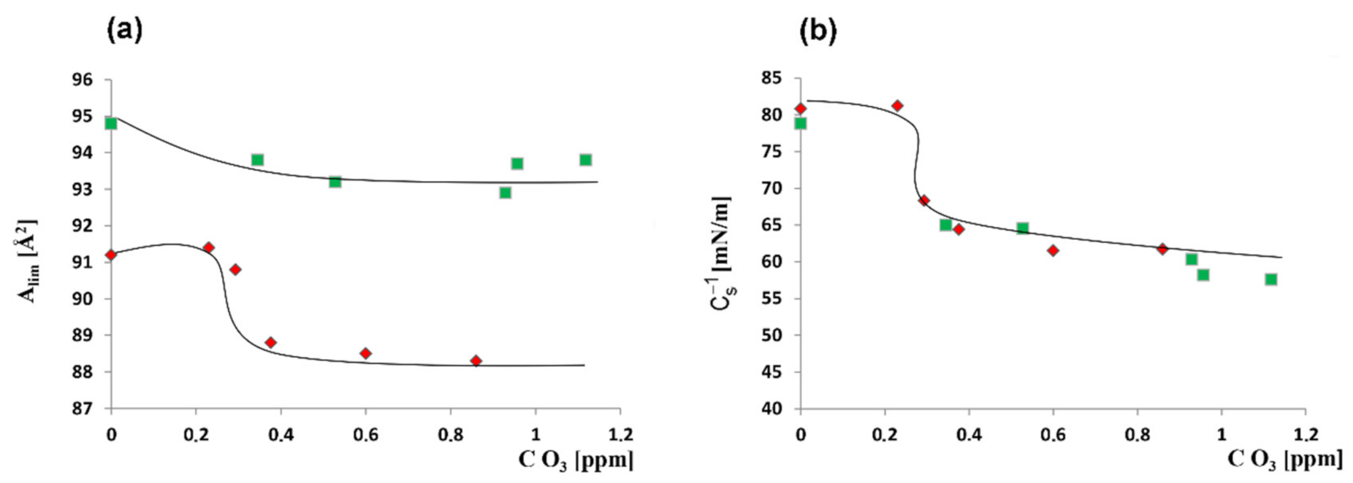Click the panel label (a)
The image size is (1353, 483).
tap(124, 31)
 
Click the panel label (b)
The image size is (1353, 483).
tap(817, 31)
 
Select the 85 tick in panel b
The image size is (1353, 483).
tap(771, 78)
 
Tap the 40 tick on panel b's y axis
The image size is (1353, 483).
tap(771, 409)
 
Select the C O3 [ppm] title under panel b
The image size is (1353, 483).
tap(1285, 460)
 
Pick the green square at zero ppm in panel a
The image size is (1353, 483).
tap(111, 123)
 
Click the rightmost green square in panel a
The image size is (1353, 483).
tap(585, 160)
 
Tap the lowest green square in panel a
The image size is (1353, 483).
tap(505, 193)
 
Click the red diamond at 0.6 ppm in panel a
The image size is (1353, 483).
tap(365, 353)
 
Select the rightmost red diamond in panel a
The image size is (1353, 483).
tap(476, 360)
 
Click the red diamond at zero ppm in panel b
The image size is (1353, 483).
tap(801, 109)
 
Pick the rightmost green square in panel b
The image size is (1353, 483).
tap(1271, 279)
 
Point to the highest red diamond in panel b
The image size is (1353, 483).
tap(897, 106)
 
